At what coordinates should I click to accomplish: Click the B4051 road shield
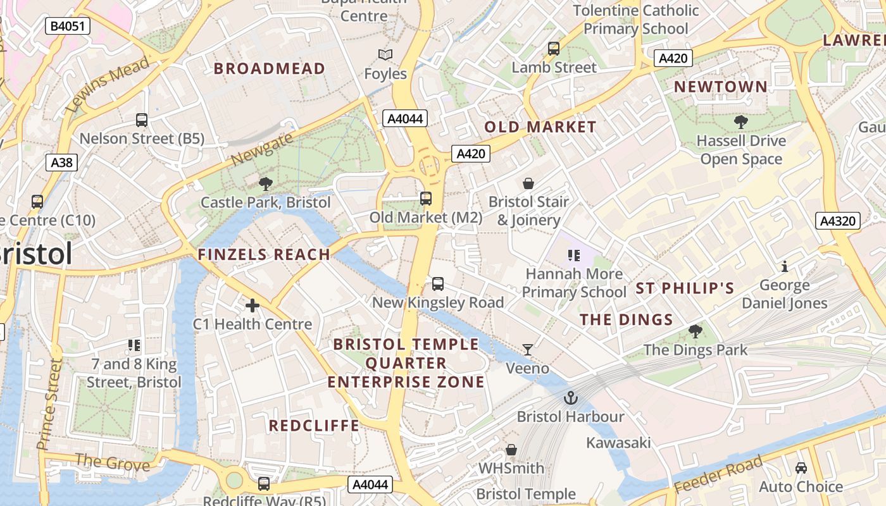tap(68, 26)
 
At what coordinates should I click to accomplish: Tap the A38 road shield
tap(61, 163)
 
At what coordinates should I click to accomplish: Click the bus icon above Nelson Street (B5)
tap(142, 120)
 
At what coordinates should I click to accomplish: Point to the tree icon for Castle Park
tap(266, 184)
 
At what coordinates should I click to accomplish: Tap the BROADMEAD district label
tap(270, 68)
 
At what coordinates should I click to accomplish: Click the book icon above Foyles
tap(385, 55)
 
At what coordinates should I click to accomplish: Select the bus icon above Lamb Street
tap(554, 49)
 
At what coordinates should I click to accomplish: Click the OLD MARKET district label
tap(540, 126)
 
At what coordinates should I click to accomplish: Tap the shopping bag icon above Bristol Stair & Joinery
tap(528, 183)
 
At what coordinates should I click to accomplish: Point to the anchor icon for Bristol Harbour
tap(571, 398)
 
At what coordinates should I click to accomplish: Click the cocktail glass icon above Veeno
tap(528, 349)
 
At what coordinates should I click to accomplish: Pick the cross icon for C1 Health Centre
tap(253, 306)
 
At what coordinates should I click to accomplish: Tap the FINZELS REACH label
tap(264, 255)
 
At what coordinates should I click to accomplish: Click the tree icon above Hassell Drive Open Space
tap(740, 122)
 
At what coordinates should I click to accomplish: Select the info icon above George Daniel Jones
tap(785, 266)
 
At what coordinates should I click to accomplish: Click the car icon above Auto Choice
tap(801, 468)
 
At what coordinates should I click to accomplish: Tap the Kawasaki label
tap(618, 442)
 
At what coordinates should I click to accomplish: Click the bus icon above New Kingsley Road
tap(438, 283)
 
